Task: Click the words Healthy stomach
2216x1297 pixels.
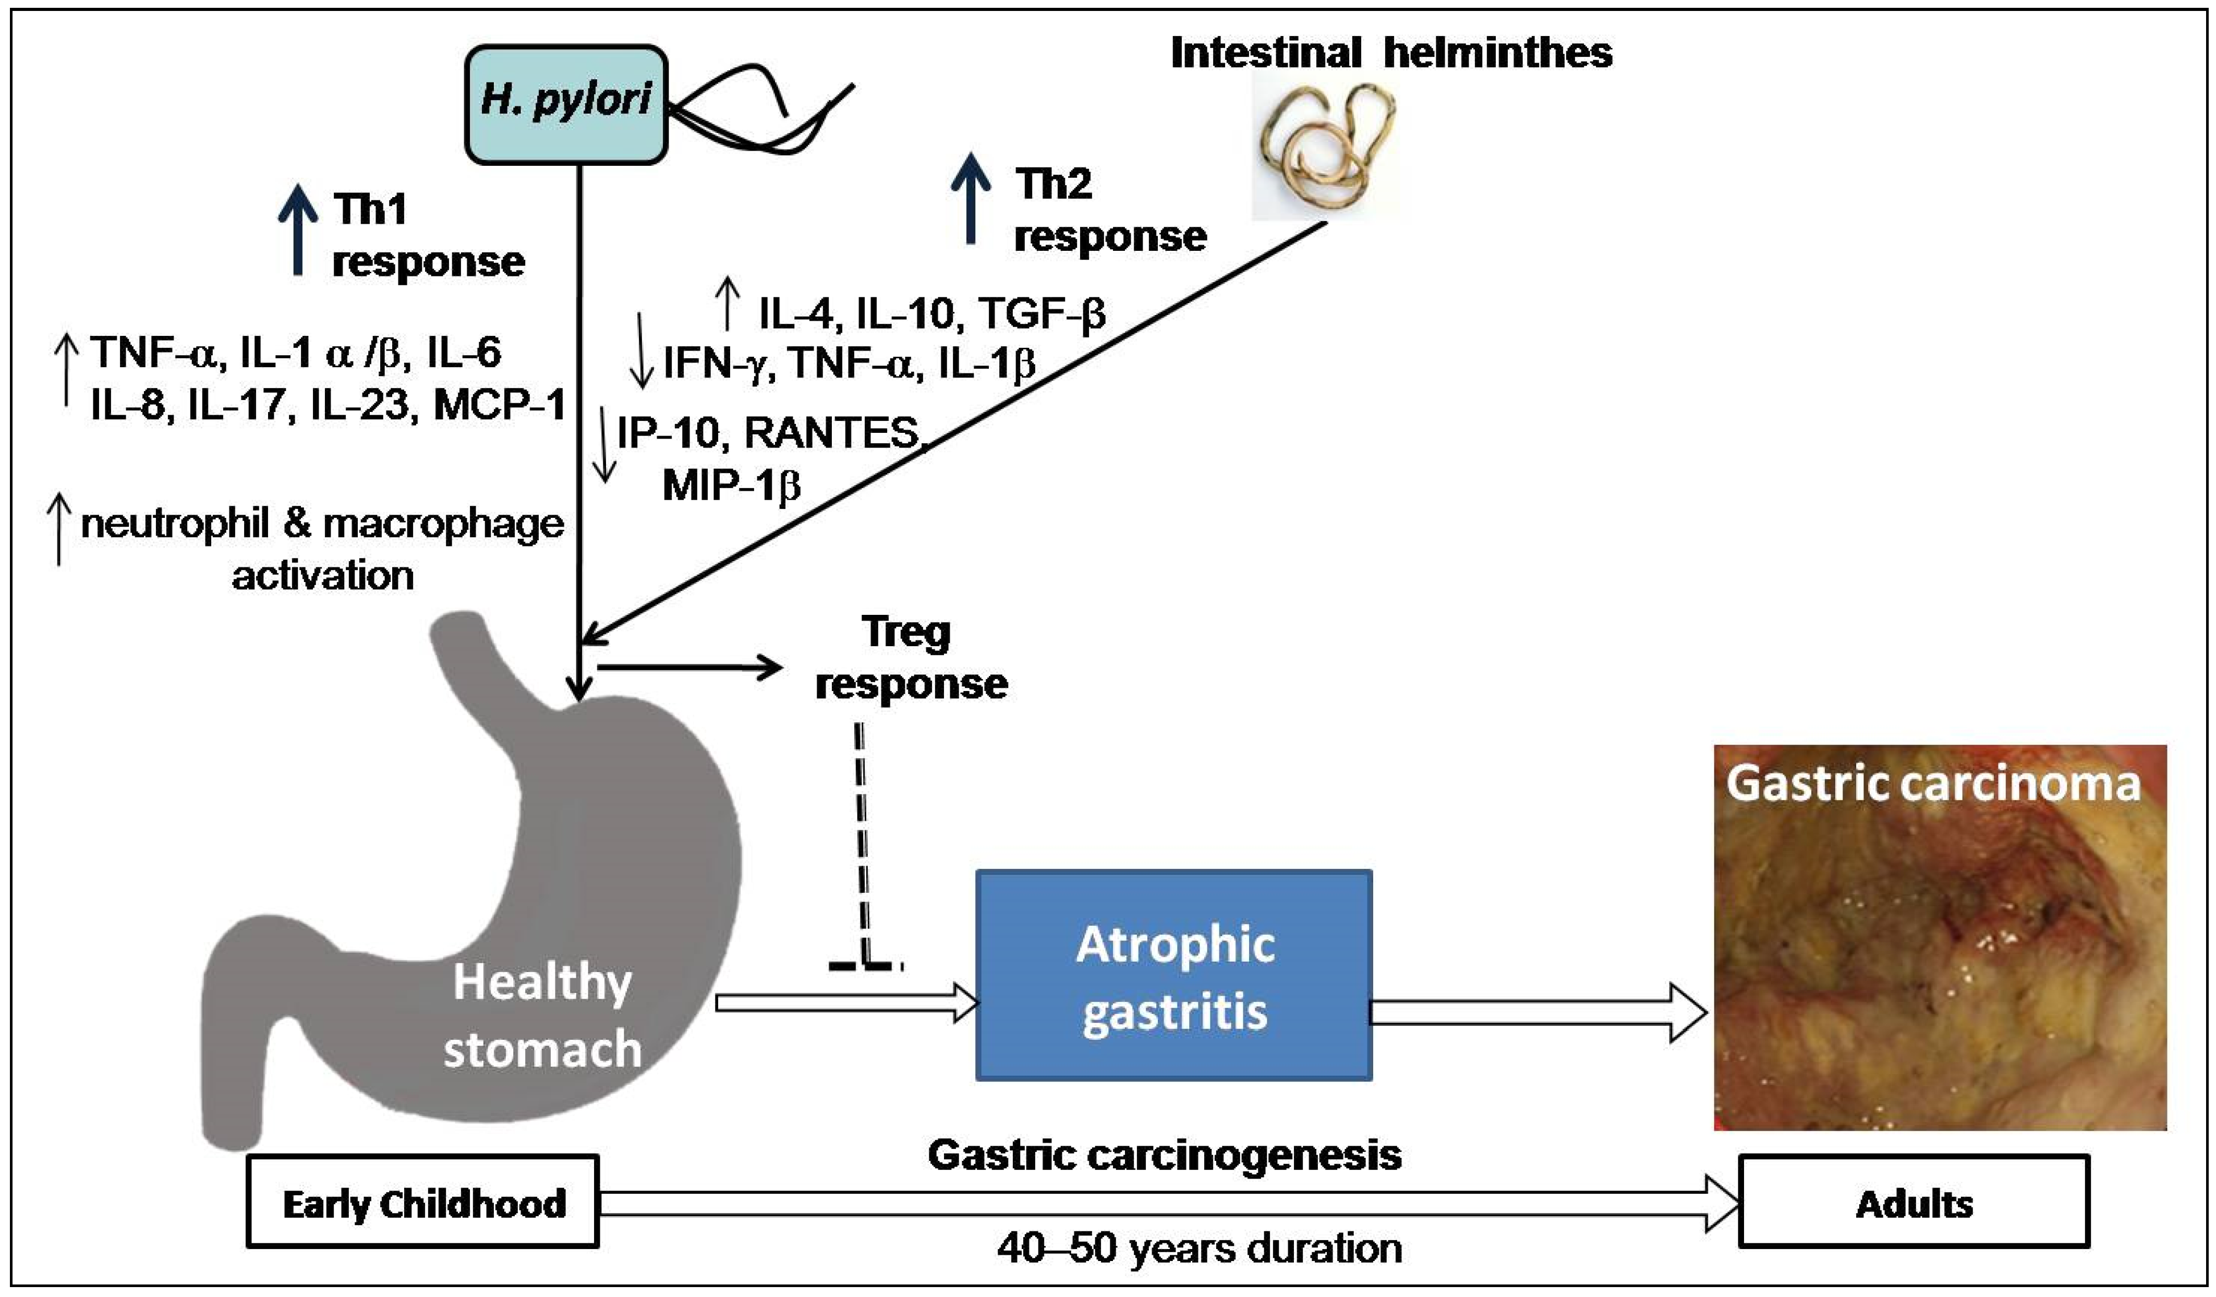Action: (542, 1015)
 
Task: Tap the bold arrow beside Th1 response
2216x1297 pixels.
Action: (298, 231)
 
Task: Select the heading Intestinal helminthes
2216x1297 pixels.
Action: (1391, 53)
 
